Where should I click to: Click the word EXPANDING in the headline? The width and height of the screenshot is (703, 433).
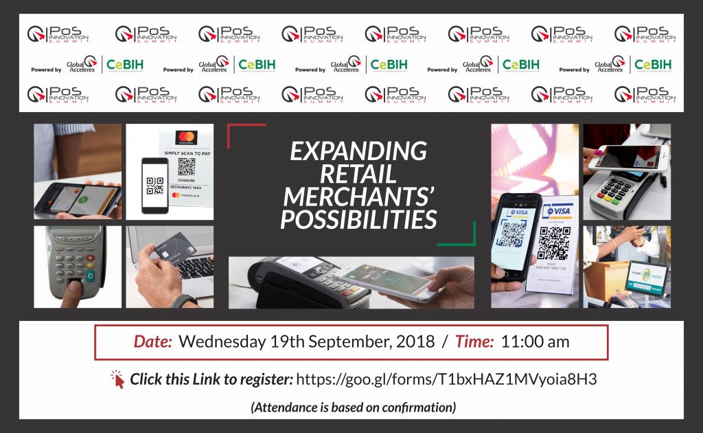pos(358,151)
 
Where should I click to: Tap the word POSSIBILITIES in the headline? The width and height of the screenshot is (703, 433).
pos(358,219)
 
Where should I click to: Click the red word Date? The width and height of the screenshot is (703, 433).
pos(152,342)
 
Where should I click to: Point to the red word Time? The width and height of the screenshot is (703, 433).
pos(472,342)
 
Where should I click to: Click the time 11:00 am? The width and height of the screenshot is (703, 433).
pos(535,342)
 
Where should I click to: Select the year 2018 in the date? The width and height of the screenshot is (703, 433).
pos(416,342)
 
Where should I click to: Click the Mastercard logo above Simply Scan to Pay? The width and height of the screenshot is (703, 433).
pos(185,136)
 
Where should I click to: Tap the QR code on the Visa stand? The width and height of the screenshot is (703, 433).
pos(553,243)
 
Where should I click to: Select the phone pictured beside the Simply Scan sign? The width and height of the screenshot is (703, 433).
pos(155,186)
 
